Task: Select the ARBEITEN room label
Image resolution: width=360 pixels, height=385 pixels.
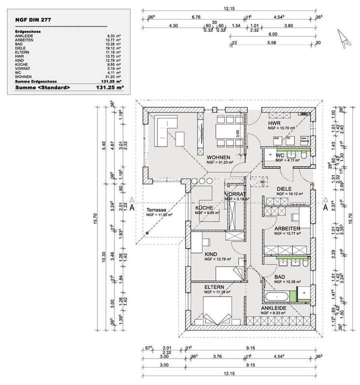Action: pyautogui.click(x=287, y=228)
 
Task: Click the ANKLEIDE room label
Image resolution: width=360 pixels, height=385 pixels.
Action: pyautogui.click(x=270, y=308)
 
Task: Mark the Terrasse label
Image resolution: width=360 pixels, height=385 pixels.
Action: pyautogui.click(x=155, y=209)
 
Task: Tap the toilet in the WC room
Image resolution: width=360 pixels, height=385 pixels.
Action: pyautogui.click(x=304, y=157)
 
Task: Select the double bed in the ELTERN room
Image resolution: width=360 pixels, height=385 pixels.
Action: pyautogui.click(x=215, y=309)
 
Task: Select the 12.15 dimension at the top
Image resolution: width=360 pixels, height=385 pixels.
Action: pyautogui.click(x=229, y=8)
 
